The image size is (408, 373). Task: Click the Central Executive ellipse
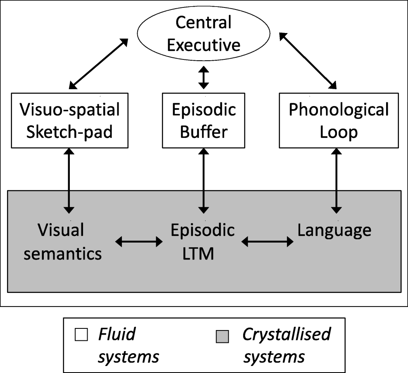click(204, 33)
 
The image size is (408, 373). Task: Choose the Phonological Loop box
click(338, 120)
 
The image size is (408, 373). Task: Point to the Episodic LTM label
click(203, 241)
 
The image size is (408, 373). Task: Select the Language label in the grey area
click(334, 231)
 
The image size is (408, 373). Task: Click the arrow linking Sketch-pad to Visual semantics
click(68, 181)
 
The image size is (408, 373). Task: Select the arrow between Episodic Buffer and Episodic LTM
click(203, 181)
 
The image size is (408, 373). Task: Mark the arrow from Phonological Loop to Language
click(337, 181)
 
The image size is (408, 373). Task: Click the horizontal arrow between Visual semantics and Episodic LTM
click(139, 242)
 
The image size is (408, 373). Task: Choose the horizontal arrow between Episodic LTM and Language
click(267, 242)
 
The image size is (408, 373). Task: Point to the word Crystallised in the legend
click(286, 334)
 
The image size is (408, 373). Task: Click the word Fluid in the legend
click(116, 334)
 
